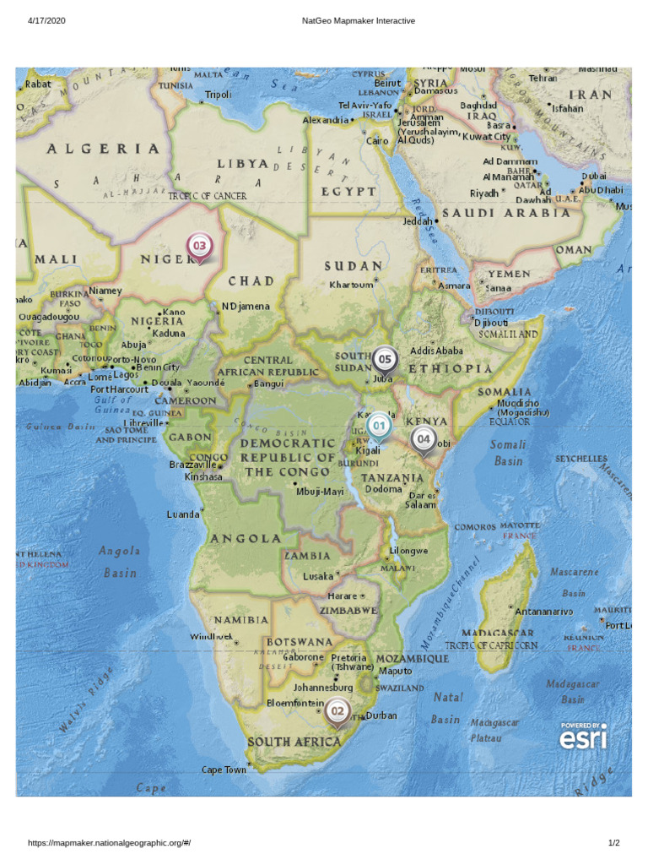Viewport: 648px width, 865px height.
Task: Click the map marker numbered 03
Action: click(x=200, y=247)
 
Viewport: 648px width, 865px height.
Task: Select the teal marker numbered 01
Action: click(x=379, y=427)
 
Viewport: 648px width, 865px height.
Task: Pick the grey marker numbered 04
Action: click(x=423, y=439)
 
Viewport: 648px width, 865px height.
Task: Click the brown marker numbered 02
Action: click(x=337, y=712)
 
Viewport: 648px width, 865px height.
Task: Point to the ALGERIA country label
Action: click(x=103, y=149)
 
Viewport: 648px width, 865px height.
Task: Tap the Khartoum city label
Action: click(x=351, y=285)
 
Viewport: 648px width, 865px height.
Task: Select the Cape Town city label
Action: click(x=224, y=770)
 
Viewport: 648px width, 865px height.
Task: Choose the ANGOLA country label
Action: click(x=246, y=538)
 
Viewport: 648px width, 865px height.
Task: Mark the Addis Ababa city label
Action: click(x=436, y=351)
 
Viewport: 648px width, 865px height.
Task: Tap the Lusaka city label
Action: click(x=318, y=576)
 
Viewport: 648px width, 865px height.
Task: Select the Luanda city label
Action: click(x=183, y=514)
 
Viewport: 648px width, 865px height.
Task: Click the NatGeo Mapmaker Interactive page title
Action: click(x=358, y=20)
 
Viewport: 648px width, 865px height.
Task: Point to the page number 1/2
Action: click(x=614, y=843)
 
